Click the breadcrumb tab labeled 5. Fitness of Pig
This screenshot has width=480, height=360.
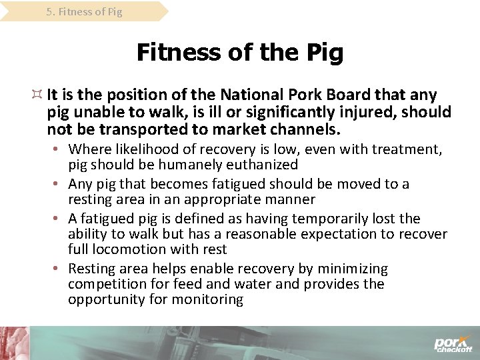pos(84,12)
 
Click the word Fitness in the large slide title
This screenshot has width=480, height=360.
pos(176,52)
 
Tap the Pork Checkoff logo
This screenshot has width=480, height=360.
pos(453,343)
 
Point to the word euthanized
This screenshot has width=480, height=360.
pos(264,164)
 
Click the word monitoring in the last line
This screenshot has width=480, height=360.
pos(211,299)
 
